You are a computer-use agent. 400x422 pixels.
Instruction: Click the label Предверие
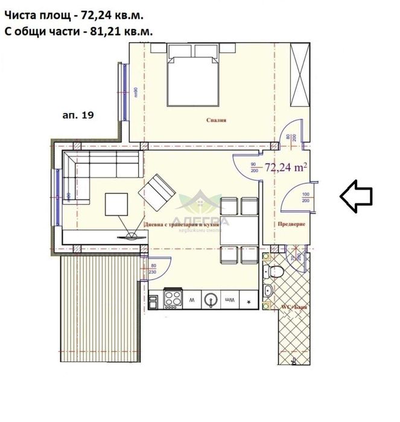pos(292,224)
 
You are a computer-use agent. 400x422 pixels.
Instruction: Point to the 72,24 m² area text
pos(287,168)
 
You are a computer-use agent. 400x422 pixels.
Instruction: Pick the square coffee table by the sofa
pos(118,204)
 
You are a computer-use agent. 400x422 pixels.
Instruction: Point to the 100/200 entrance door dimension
pos(305,197)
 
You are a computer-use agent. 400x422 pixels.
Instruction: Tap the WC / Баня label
pos(292,307)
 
